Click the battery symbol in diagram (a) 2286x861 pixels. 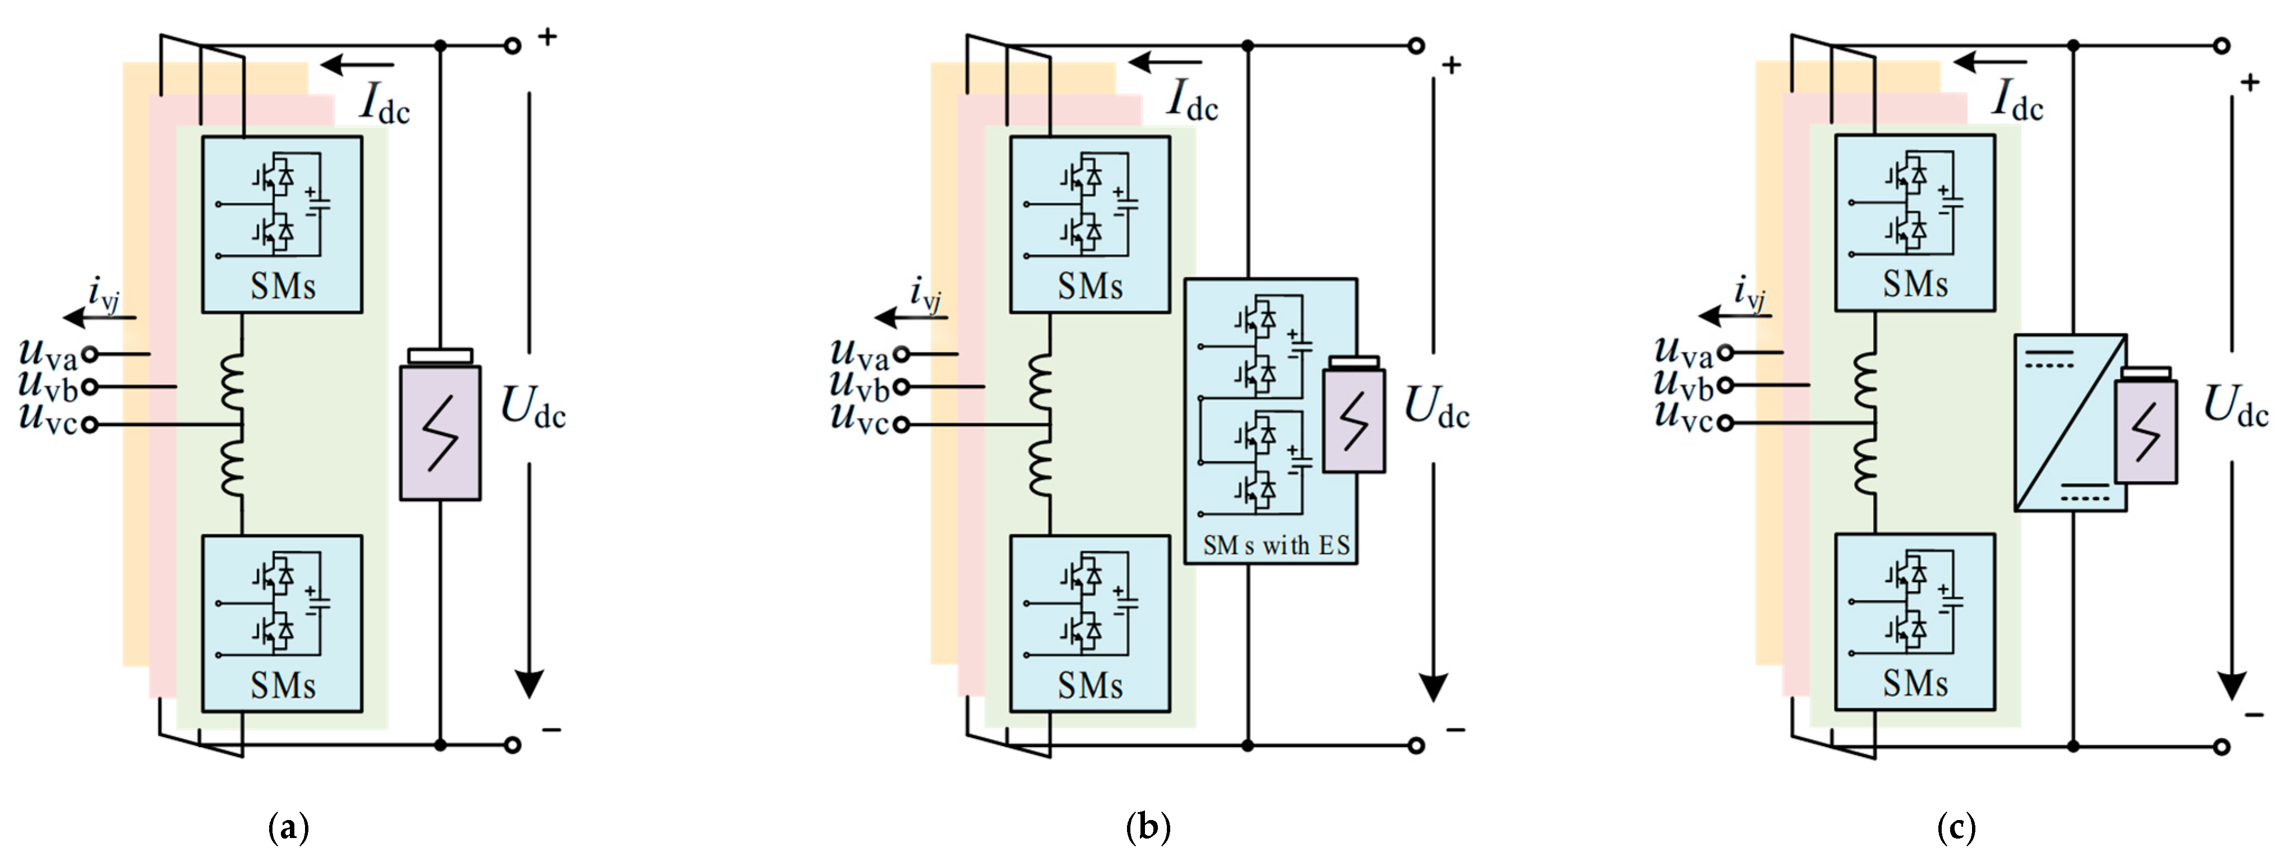[x=440, y=431]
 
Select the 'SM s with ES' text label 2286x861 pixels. [x=1275, y=545]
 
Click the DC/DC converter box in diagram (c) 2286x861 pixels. [x=2070, y=422]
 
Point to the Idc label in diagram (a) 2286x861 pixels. [x=384, y=103]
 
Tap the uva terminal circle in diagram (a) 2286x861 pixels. [x=90, y=354]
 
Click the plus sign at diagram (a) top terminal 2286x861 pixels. [x=548, y=37]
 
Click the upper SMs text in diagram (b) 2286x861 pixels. [x=1090, y=287]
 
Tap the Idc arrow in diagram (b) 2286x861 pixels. [x=1164, y=63]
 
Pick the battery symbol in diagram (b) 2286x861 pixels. [x=1354, y=416]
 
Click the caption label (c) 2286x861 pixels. [x=1956, y=827]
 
